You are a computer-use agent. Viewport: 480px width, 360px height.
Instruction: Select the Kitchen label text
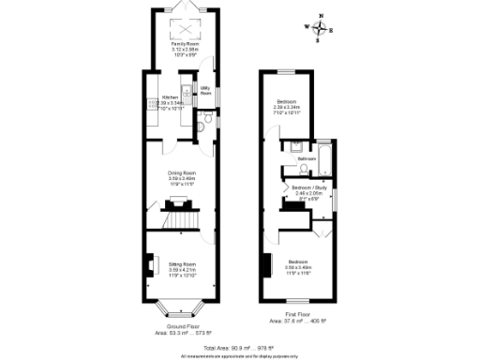171,97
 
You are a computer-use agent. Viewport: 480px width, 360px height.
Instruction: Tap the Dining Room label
181,172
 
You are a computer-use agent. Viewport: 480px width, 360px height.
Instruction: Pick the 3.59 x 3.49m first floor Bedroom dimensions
298,266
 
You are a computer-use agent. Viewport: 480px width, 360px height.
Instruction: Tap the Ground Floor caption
179,325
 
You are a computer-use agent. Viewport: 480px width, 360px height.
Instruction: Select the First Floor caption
298,313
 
